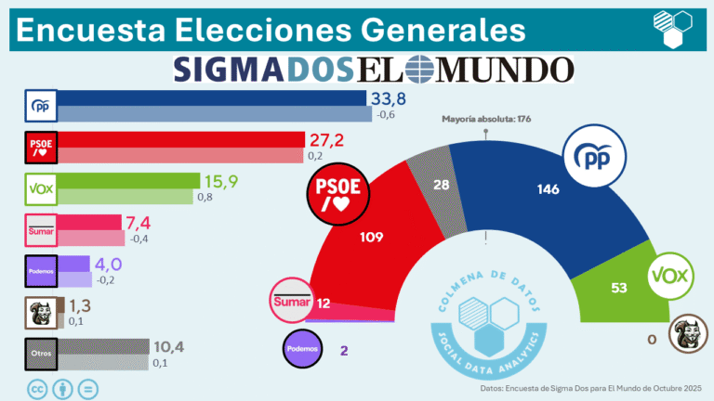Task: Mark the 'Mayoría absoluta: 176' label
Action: point(486,118)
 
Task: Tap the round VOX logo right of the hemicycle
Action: point(673,275)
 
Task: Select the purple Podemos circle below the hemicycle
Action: point(303,349)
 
